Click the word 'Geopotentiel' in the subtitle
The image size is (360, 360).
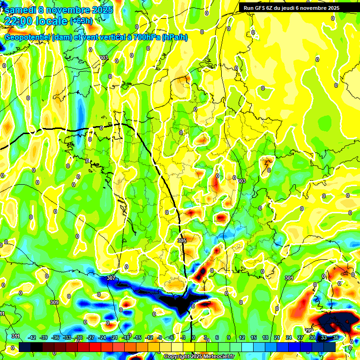pos(28,37)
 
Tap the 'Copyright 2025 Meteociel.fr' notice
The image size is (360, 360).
pos(199,357)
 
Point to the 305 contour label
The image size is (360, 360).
pos(182,240)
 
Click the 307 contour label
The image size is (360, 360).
pos(111,278)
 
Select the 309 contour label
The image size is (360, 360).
pos(54,302)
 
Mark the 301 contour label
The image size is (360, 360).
pos(289,278)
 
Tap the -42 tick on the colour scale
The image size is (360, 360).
pos(32,337)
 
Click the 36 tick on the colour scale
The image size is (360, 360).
pos(336,337)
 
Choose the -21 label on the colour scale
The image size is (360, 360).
pos(114,337)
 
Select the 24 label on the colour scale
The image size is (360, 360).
pos(289,337)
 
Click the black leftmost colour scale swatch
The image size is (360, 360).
pos(25,347)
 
